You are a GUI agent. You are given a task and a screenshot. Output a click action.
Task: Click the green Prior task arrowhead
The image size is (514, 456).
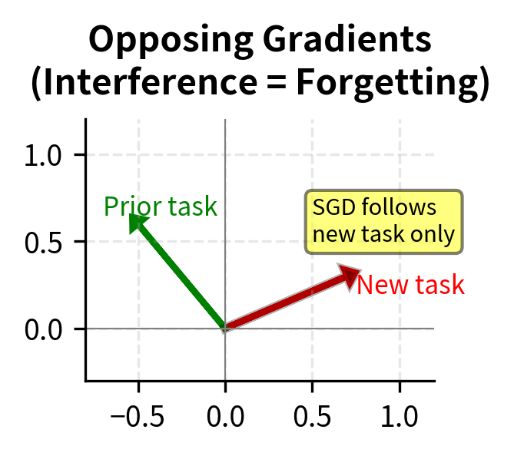coord(136,223)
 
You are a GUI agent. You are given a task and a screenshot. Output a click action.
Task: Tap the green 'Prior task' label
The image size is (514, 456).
coord(161,207)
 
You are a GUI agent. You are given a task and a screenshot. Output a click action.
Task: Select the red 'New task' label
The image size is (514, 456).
coord(410,286)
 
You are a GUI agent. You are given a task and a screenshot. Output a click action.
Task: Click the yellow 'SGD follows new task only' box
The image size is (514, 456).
coord(384,222)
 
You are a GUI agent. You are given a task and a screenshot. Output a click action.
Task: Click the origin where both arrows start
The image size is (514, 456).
coord(225,329)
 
